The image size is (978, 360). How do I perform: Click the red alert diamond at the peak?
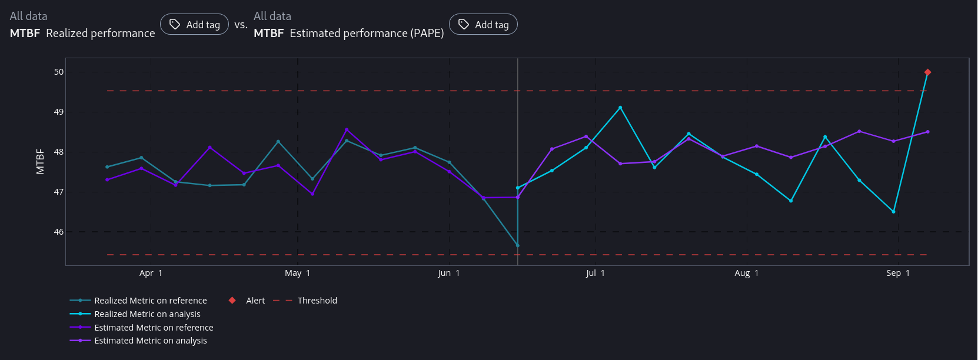pyautogui.click(x=927, y=72)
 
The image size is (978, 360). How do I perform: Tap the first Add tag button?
pyautogui.click(x=194, y=25)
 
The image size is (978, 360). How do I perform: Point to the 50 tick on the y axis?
pyautogui.click(x=59, y=72)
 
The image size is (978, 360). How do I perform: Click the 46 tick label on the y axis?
pyautogui.click(x=59, y=232)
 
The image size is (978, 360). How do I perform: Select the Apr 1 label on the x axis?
pyautogui.click(x=151, y=273)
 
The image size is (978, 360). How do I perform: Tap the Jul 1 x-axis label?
pyautogui.click(x=595, y=273)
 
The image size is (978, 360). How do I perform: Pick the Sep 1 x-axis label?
pyautogui.click(x=898, y=273)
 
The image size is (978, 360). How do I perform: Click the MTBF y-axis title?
pyautogui.click(x=40, y=161)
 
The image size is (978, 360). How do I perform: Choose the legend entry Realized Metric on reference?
pyautogui.click(x=150, y=301)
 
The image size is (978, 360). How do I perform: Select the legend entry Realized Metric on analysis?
pyautogui.click(x=147, y=314)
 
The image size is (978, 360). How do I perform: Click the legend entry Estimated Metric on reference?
pyautogui.click(x=154, y=328)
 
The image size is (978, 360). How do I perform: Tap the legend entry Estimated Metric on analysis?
pyautogui.click(x=151, y=341)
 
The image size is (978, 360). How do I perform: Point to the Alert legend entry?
pyautogui.click(x=255, y=301)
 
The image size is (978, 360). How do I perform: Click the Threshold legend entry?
pyautogui.click(x=317, y=301)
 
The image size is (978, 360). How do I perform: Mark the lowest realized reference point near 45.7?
pyautogui.click(x=517, y=245)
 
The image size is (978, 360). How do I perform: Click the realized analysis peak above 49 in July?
pyautogui.click(x=620, y=108)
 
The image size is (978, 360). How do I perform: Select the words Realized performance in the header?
pyautogui.click(x=101, y=34)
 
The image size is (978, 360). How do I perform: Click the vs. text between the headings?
pyautogui.click(x=241, y=25)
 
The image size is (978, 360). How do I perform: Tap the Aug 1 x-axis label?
pyautogui.click(x=746, y=273)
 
